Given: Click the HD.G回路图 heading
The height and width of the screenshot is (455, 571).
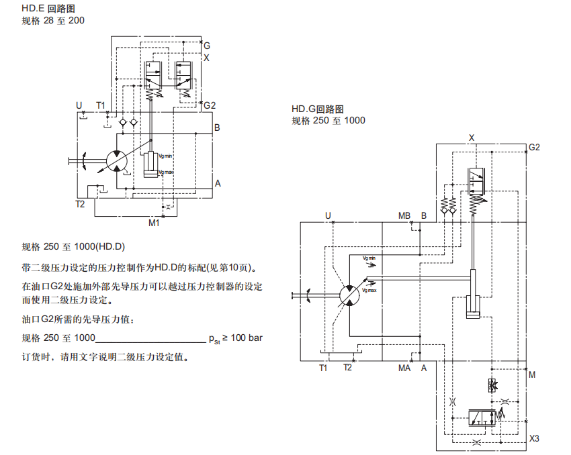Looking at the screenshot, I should click(318, 109).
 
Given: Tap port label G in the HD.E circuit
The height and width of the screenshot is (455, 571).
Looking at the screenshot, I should click(207, 46).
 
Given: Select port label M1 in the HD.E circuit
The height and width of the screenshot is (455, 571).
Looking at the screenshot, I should click(154, 222).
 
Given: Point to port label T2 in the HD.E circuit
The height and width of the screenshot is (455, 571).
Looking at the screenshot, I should click(80, 203).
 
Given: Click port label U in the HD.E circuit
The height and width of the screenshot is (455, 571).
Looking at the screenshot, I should click(79, 105).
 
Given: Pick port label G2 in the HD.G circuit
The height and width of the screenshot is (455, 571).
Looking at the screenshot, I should click(534, 147).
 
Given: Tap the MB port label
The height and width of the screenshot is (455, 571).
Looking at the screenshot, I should click(404, 215).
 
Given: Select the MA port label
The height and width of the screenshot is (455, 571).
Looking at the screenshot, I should click(404, 368).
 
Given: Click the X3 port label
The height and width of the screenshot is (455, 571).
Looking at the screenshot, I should click(535, 439).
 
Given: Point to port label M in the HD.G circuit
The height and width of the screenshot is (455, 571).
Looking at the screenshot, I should click(532, 374).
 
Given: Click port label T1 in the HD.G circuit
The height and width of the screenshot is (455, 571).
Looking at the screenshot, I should click(323, 368).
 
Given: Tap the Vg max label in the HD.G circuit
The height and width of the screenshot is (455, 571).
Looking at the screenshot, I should click(369, 291).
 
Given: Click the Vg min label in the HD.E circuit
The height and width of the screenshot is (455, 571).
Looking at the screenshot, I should click(165, 156).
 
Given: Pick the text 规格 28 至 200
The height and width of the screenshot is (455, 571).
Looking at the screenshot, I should click(53, 21).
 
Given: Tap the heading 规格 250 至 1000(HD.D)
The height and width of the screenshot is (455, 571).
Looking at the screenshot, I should click(74, 246).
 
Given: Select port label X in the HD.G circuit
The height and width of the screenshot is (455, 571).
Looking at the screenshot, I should click(472, 137).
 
